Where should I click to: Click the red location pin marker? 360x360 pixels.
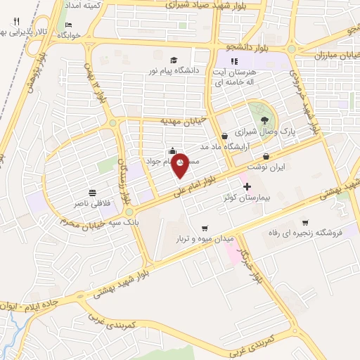[181, 165]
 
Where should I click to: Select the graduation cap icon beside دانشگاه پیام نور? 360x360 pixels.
[174, 59]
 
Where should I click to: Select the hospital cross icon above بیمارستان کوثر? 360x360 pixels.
[246, 188]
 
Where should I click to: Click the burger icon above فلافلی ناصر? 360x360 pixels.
[92, 193]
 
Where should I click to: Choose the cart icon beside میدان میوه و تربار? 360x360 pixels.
[204, 228]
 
